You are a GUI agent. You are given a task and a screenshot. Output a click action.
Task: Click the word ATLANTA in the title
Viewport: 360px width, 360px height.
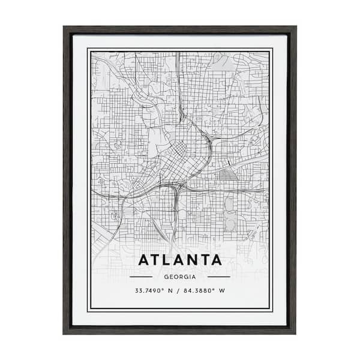(180, 260)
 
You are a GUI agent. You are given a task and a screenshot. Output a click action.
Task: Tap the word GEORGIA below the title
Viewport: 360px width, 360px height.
(180, 277)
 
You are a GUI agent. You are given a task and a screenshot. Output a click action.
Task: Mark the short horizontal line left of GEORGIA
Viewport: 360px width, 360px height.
(141, 277)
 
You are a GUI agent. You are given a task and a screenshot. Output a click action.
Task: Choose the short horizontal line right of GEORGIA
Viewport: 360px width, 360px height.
(219, 277)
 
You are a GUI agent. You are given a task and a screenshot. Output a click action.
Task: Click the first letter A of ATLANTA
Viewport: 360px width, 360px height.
(145, 260)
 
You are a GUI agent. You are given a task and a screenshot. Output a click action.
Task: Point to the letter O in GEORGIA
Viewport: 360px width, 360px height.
(175, 277)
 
